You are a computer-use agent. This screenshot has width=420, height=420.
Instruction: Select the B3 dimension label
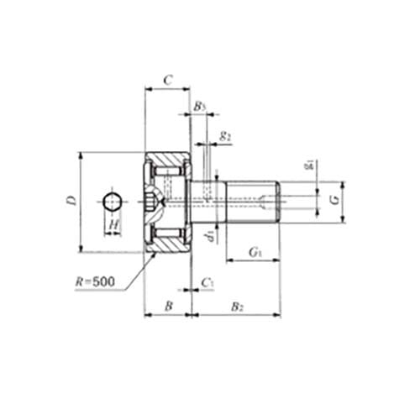[199, 107]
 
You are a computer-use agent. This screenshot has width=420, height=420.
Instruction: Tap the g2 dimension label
[224, 134]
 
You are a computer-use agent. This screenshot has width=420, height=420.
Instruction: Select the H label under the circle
[113, 224]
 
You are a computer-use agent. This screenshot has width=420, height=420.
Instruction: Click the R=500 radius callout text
[94, 283]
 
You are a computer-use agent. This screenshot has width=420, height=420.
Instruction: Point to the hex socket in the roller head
[152, 202]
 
